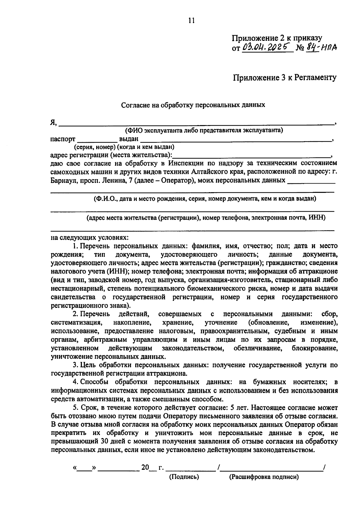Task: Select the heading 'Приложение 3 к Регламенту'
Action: click(x=285, y=78)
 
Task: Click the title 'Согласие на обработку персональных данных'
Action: click(x=193, y=105)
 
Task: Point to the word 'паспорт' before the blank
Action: click(x=63, y=139)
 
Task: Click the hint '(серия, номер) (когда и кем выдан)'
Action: click(x=124, y=147)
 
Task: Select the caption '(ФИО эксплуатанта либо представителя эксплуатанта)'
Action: click(x=204, y=130)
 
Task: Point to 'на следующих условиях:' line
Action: click(x=89, y=238)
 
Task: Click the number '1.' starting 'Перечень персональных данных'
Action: click(x=75, y=246)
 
